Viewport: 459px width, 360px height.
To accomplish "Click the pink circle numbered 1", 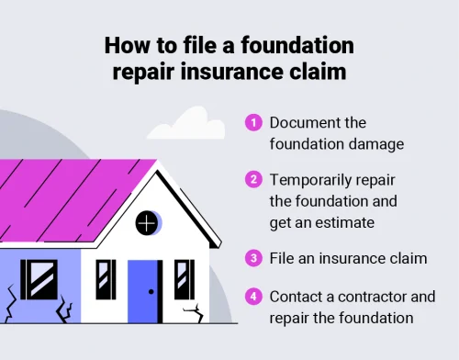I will coord(252,122).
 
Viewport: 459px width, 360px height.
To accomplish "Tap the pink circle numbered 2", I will coord(252,179).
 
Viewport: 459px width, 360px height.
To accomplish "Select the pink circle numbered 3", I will coord(252,259).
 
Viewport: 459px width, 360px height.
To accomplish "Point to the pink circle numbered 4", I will coord(252,297).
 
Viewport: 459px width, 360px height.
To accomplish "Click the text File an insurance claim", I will coord(348,259).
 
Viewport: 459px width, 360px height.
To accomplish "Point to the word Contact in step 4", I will coord(297,297).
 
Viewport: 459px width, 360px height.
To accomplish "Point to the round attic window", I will coord(147,221).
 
